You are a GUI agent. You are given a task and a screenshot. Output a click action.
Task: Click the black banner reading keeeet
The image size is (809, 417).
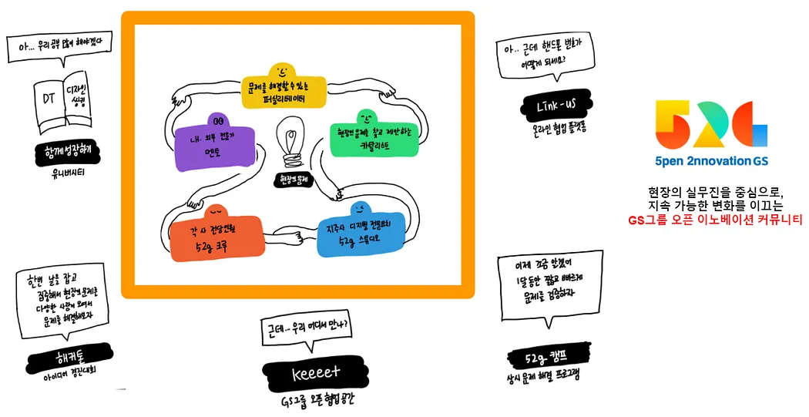click(316, 373)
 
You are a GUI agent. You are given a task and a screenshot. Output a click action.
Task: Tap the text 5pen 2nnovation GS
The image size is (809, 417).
click(710, 161)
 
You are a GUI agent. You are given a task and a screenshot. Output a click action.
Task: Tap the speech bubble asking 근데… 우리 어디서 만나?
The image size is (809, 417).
click(306, 327)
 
